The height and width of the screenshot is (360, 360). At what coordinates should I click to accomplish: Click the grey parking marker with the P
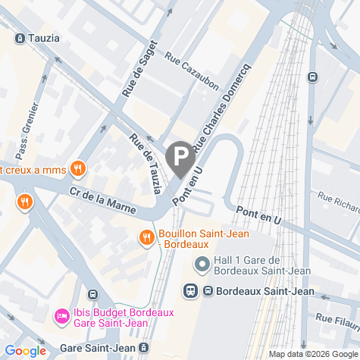[180, 158]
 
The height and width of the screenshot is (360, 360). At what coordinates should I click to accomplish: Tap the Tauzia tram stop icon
[19, 38]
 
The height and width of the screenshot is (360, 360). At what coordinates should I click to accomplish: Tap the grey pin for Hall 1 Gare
[202, 265]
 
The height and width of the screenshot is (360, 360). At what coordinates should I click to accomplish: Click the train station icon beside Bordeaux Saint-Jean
[191, 290]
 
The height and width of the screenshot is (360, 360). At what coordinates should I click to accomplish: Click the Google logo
[25, 351]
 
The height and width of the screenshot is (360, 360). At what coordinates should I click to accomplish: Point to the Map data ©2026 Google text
[313, 354]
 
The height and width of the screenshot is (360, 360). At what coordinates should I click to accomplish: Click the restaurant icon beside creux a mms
[76, 168]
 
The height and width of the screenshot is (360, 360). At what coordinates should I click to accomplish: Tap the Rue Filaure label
[337, 321]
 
